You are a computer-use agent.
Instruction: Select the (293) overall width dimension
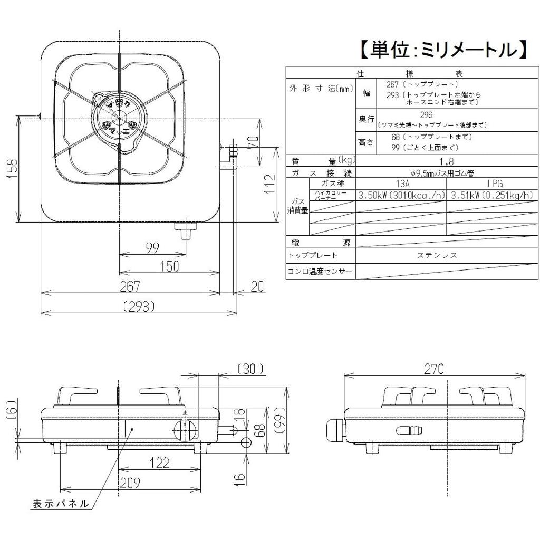click(x=138, y=306)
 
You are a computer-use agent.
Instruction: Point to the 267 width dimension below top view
click(x=130, y=286)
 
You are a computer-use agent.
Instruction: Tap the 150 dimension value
click(x=169, y=266)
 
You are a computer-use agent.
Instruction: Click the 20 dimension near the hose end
click(x=257, y=286)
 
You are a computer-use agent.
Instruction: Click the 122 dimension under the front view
click(x=159, y=462)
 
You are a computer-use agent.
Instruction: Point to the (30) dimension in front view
click(x=248, y=369)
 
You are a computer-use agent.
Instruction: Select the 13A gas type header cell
click(x=401, y=184)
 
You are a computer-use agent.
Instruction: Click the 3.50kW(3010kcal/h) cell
click(x=401, y=195)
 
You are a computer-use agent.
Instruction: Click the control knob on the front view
click(x=186, y=430)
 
